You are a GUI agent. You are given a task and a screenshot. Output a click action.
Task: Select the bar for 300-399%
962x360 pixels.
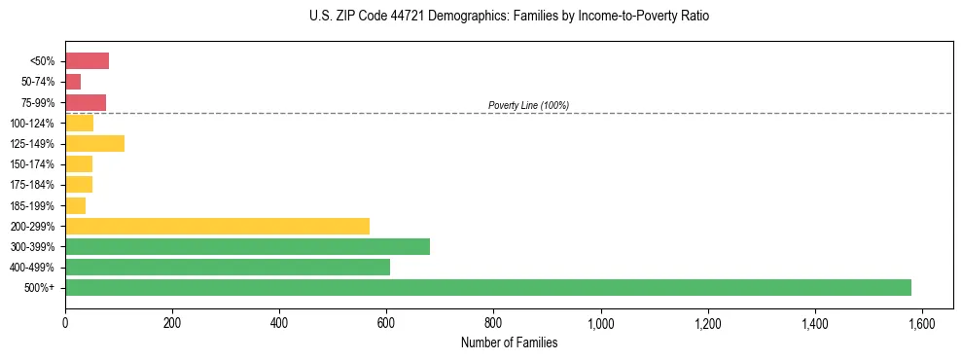pyautogui.click(x=247, y=246)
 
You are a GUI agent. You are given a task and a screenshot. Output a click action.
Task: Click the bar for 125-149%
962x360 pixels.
pyautogui.click(x=94, y=144)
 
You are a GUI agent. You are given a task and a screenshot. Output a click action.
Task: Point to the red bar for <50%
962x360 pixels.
pyautogui.click(x=87, y=61)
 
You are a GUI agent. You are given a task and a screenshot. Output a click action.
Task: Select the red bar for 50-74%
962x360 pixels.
pyautogui.click(x=73, y=82)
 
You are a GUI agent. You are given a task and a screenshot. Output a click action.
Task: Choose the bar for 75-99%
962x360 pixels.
pyautogui.click(x=86, y=102)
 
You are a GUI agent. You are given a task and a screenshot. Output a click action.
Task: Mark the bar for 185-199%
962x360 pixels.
pyautogui.click(x=75, y=205)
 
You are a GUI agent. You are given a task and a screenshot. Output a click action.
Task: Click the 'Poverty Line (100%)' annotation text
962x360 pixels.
pyautogui.click(x=528, y=105)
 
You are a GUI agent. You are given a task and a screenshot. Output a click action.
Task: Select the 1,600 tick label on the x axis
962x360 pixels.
pyautogui.click(x=921, y=323)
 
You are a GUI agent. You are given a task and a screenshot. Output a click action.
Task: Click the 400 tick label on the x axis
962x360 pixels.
pyautogui.click(x=279, y=323)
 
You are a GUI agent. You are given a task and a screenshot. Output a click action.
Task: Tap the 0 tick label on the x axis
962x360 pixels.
pyautogui.click(x=65, y=323)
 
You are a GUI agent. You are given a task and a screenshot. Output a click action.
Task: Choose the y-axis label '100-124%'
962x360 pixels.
pyautogui.click(x=32, y=124)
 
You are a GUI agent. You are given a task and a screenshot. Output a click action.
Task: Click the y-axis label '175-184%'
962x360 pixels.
pyautogui.click(x=32, y=185)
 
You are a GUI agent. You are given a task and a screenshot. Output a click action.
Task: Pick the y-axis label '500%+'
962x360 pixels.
pyautogui.click(x=40, y=288)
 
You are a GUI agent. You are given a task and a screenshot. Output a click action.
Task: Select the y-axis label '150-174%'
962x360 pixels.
pyautogui.click(x=32, y=164)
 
